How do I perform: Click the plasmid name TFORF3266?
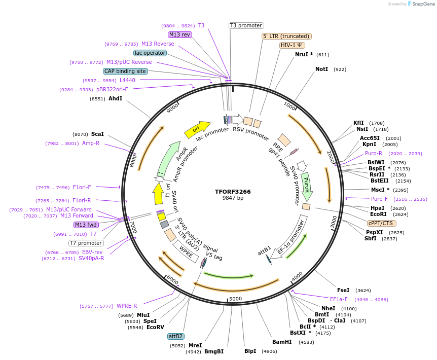233,192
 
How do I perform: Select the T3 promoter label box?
246,25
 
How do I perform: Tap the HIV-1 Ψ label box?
292,45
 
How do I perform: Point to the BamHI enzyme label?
282,342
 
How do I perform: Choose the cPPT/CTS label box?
382,223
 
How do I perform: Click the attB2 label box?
175,336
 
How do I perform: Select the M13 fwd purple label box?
86,225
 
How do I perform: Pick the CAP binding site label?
125,71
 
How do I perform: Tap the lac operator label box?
150,53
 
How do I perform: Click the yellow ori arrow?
197,130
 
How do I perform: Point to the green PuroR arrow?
306,186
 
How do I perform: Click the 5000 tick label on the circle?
236,299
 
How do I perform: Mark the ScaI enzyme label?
97,134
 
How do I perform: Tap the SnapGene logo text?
424,4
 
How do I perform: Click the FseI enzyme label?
343,290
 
